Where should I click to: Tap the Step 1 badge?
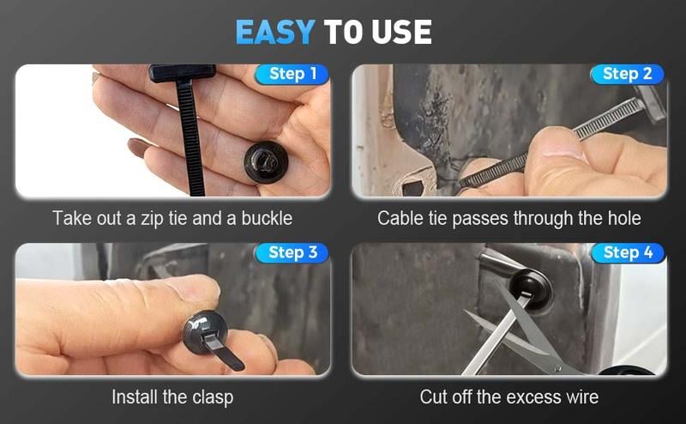pos(292,74)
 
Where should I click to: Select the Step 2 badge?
pos(627,74)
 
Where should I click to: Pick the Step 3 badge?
pos(292,252)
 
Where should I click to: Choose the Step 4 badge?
pos(627,252)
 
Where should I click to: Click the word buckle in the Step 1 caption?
pos(264,218)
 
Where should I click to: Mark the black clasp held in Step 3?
pos(206,330)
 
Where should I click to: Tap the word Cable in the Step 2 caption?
pos(400,218)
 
